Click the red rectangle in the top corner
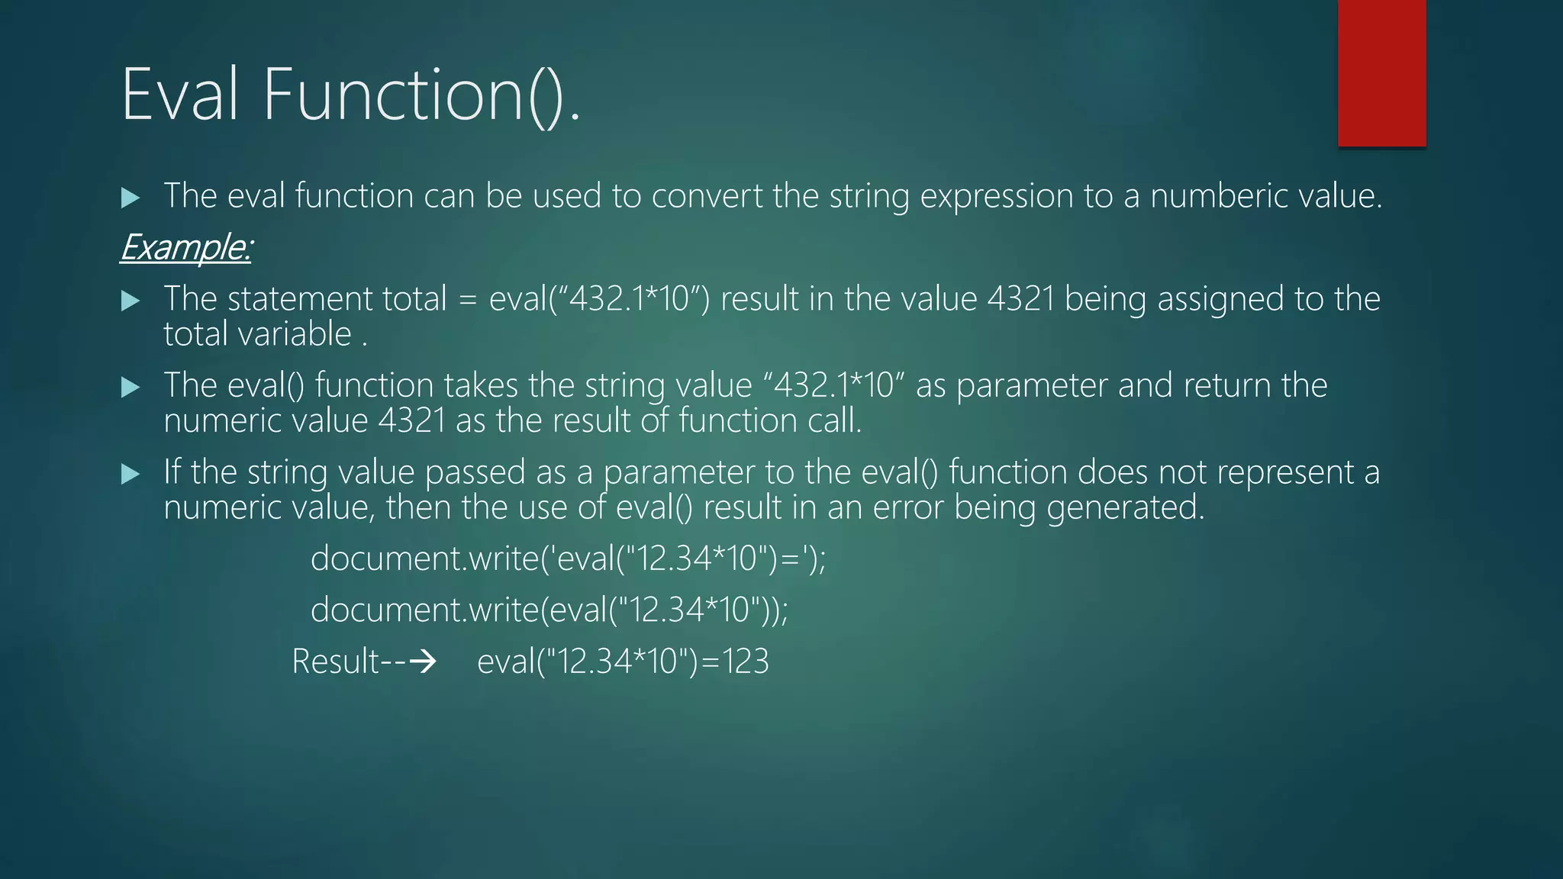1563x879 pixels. coord(1381,73)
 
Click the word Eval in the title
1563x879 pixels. coord(180,95)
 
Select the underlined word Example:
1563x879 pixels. coord(185,247)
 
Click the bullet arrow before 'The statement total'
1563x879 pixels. coord(131,301)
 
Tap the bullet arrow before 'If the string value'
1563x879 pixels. coord(131,475)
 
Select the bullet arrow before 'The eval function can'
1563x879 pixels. coord(131,198)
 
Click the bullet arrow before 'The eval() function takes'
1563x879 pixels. coord(131,388)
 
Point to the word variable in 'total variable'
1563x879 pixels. coord(303,334)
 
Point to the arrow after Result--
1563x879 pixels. coord(423,661)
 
